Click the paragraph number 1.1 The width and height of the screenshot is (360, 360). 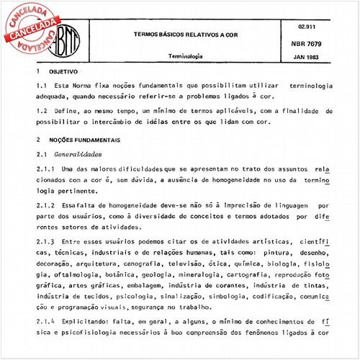[41, 86]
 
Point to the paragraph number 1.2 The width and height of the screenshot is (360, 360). [41, 112]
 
